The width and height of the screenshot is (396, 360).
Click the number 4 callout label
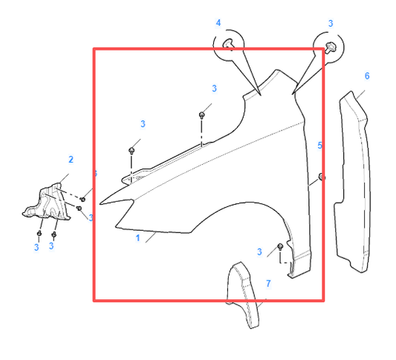point(218,23)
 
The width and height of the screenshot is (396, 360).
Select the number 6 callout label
point(366,76)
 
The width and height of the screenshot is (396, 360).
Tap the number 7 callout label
point(268,284)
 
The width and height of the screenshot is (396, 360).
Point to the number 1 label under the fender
point(137,239)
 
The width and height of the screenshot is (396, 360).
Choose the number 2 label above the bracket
point(71,160)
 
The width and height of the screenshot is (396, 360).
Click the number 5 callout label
point(320,145)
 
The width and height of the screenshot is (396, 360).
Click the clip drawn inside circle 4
point(232,45)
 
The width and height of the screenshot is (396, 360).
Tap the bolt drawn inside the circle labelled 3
point(331,48)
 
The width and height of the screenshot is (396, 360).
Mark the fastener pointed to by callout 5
point(321,176)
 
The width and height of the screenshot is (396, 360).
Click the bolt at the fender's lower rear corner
point(280,246)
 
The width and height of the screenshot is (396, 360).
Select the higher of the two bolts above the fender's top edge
point(202,115)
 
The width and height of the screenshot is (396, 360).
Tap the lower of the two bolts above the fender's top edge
point(132,150)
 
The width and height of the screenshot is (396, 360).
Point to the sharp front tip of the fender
point(100,200)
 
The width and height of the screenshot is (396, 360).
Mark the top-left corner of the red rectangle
point(94,50)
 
